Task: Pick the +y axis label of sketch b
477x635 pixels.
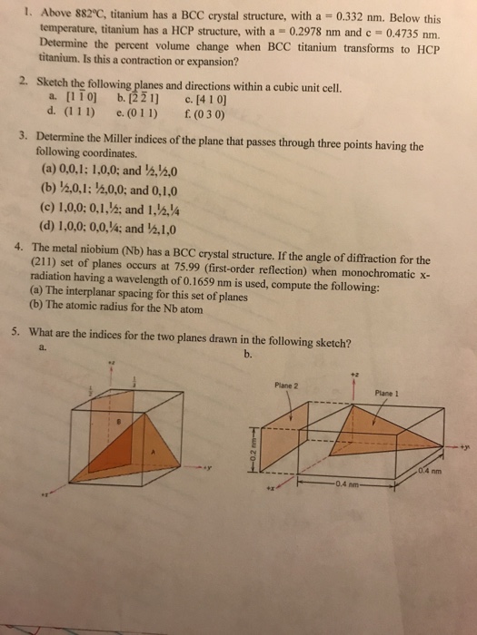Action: coord(464,448)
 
